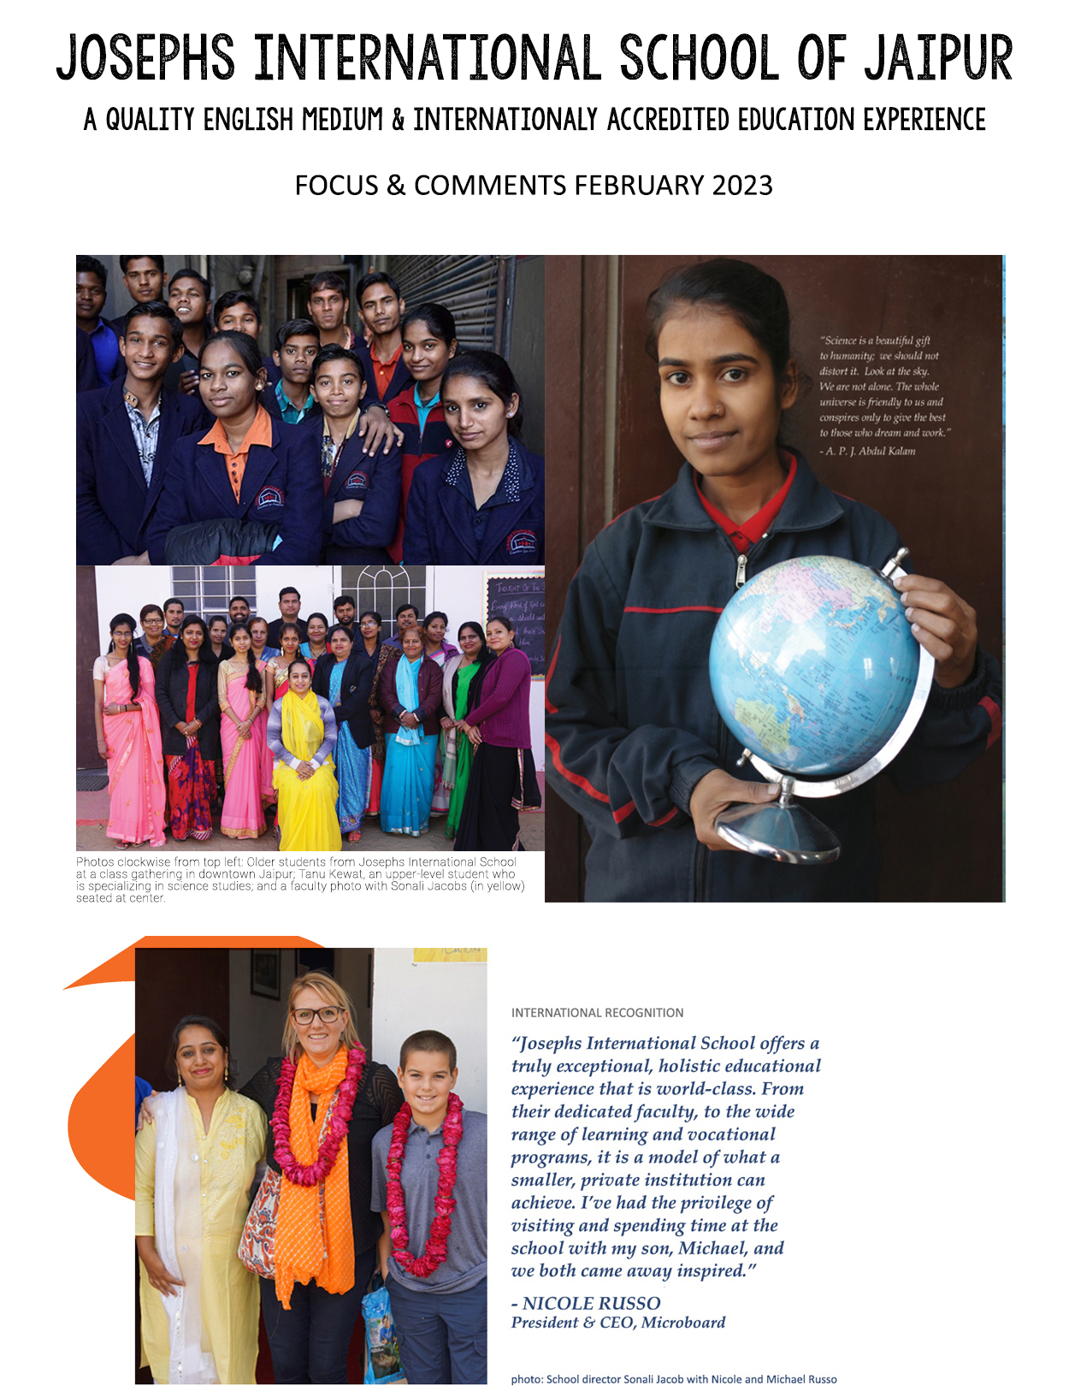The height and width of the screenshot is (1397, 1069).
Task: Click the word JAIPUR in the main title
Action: click(x=936, y=58)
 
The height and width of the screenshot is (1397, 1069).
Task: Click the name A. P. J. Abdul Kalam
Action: click(x=870, y=451)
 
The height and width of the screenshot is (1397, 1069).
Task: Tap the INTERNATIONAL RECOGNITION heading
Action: click(x=597, y=1013)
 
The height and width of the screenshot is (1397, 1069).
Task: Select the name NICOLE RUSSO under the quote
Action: click(x=591, y=1303)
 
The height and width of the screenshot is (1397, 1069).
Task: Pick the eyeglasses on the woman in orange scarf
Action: click(x=317, y=1015)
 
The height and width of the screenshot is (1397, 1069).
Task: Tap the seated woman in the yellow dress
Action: click(x=304, y=761)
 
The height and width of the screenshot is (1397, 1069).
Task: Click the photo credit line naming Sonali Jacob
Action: click(x=674, y=1379)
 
